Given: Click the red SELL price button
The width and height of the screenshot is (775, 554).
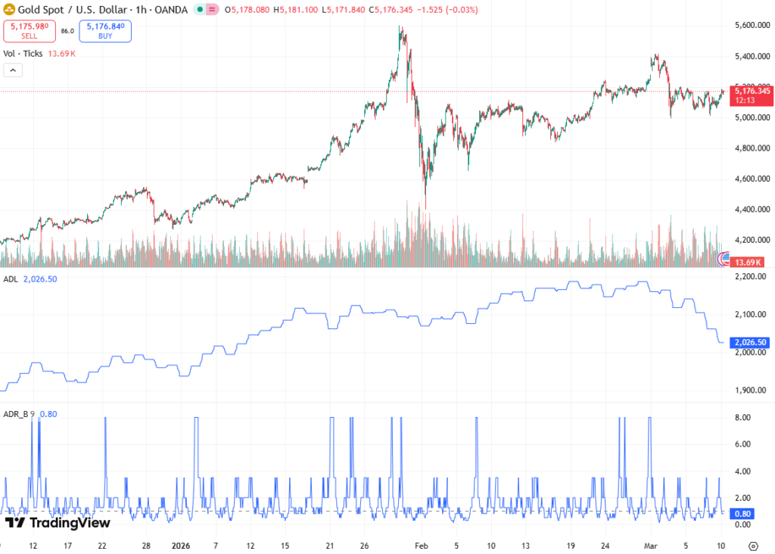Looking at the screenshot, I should point(28,31).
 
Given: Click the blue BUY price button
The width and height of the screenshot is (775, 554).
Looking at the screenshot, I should point(104,31).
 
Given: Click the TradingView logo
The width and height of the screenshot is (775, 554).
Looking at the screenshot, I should point(58,522).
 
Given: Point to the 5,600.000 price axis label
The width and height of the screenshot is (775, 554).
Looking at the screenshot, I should point(752,26).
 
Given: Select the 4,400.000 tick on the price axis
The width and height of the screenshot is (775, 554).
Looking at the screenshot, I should point(752,210).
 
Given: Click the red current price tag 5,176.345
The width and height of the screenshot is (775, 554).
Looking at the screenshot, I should point(752,91).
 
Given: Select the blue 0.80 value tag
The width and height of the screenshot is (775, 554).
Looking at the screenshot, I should point(740,512).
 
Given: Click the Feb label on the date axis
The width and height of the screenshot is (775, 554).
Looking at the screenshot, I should point(422,545).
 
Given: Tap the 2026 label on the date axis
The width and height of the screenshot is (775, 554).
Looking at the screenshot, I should point(182,545).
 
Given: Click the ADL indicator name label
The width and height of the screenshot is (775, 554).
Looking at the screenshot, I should point(11,279).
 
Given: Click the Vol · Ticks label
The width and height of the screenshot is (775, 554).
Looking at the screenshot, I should point(22,54).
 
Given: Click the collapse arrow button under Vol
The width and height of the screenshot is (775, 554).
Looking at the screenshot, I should point(14,70).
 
